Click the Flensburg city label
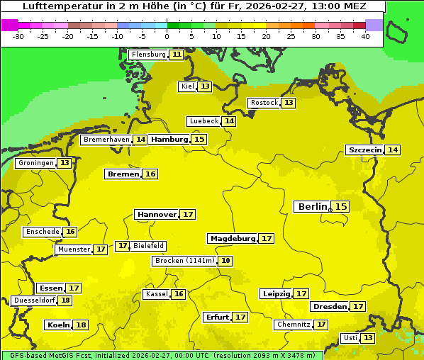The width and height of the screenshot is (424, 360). [x=149, y=55]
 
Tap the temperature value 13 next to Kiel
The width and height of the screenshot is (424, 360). [x=205, y=86]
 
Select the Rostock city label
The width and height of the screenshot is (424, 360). [x=264, y=103]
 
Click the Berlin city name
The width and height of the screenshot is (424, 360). [x=312, y=206]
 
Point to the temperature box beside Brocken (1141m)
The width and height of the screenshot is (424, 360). [x=225, y=261]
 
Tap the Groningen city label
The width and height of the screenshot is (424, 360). [x=35, y=163]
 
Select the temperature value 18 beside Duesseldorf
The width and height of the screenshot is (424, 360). [x=65, y=300]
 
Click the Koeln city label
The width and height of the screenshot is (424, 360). [x=57, y=325]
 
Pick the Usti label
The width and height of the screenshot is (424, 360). [x=350, y=338]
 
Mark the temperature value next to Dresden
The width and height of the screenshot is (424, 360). [x=358, y=306]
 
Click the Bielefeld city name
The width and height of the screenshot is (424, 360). [x=149, y=246]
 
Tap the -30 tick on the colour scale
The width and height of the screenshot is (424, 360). [x=18, y=36]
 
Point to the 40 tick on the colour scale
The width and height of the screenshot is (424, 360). [x=365, y=36]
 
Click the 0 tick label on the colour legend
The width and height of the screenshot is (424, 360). [x=167, y=36]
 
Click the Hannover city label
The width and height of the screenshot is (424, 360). [x=157, y=214]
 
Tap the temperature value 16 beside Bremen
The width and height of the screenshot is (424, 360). [x=150, y=174]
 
